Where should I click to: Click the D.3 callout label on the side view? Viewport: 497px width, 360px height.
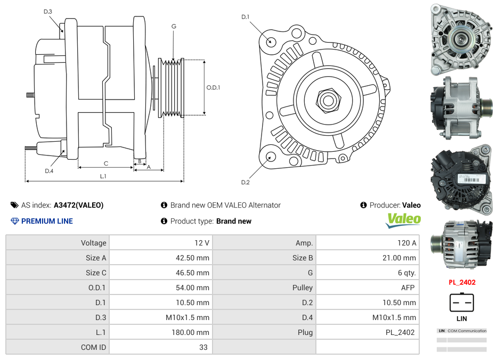click(x=48, y=11)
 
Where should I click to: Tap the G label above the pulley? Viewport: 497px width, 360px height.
click(x=174, y=26)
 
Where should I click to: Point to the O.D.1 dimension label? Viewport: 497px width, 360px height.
click(x=213, y=88)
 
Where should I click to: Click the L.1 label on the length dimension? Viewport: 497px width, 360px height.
click(x=103, y=176)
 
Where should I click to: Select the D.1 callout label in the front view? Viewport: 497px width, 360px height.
click(x=245, y=17)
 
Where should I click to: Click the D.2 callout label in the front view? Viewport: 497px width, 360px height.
click(x=245, y=183)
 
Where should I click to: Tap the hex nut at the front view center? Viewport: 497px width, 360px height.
click(x=327, y=100)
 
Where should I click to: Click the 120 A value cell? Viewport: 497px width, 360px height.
click(x=406, y=243)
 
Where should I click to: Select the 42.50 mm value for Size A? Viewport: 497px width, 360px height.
click(x=195, y=258)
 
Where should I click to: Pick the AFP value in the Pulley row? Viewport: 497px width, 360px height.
click(x=408, y=288)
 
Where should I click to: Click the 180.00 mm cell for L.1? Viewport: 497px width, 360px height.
click(x=193, y=332)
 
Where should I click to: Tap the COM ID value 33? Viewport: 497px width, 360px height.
click(x=203, y=347)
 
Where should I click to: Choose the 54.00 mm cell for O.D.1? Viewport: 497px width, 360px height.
click(x=195, y=288)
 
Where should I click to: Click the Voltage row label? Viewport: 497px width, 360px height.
click(x=93, y=243)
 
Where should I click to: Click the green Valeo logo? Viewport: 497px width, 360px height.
click(x=403, y=219)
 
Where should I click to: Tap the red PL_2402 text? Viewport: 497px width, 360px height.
click(x=461, y=283)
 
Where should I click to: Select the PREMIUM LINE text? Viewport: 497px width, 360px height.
click(x=47, y=221)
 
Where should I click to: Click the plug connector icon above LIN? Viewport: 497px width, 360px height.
click(x=461, y=302)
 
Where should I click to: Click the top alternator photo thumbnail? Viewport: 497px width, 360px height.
click(x=461, y=39)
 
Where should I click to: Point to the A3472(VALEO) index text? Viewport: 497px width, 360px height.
click(x=78, y=205)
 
